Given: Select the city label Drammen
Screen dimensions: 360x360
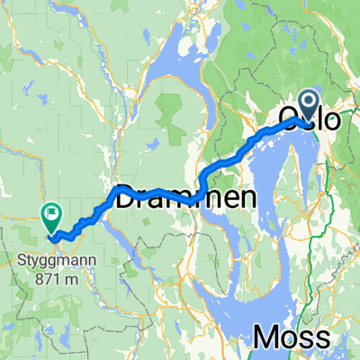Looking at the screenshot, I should [184, 196].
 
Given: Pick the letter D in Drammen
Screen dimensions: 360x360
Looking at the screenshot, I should [125, 196].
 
